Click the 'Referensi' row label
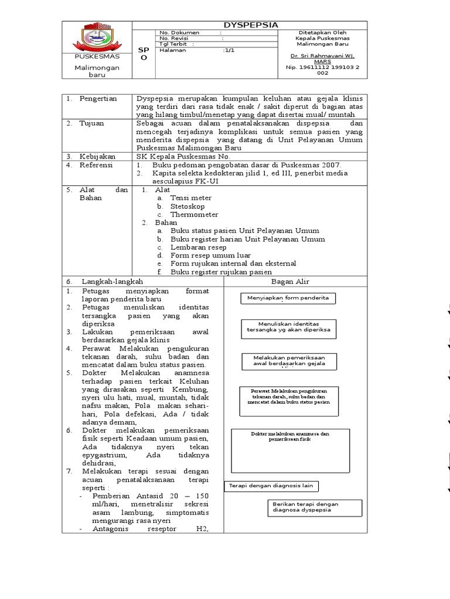tap(98, 165)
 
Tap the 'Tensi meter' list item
tap(190, 198)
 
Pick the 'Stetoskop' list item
tap(188, 206)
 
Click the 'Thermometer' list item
tap(194, 215)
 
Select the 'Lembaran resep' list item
tap(198, 247)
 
